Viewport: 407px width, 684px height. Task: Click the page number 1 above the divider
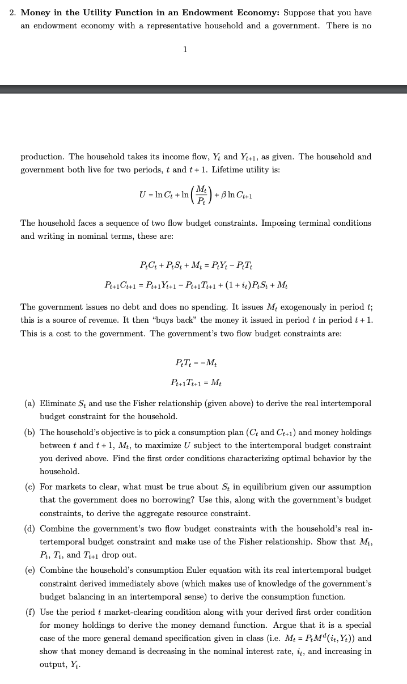[185, 50]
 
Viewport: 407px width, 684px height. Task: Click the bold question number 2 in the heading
[12, 12]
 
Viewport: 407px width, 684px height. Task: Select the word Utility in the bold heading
[98, 12]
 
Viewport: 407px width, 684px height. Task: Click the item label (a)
[29, 403]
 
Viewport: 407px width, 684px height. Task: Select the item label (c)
[29, 487]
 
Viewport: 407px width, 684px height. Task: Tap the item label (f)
[29, 612]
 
